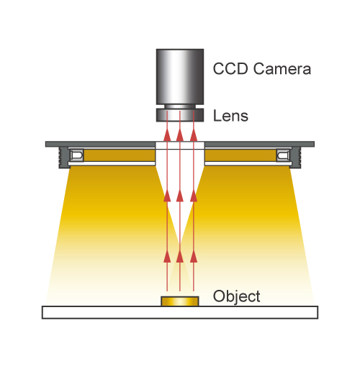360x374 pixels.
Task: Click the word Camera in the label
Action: point(282,69)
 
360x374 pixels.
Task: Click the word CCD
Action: point(230,69)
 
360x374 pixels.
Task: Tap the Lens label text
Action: point(230,116)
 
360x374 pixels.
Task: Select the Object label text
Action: point(236,297)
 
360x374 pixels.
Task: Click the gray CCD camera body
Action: point(180,77)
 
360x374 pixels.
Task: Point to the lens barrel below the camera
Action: point(180,115)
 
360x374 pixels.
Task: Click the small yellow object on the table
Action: point(180,301)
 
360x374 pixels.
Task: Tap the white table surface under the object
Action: point(180,312)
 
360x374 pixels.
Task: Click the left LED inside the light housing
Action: point(77,155)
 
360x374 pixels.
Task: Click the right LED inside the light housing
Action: point(283,155)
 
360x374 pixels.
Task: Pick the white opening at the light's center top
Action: point(180,145)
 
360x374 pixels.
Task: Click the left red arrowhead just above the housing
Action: point(167,134)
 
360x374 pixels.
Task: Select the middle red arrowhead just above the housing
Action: point(180,134)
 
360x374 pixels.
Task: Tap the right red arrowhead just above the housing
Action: point(194,134)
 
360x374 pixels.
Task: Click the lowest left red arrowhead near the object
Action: point(167,256)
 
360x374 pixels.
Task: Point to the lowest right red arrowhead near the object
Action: point(194,256)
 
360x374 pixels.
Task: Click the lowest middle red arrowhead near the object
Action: point(180,256)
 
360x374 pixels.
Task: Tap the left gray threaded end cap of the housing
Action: point(63,158)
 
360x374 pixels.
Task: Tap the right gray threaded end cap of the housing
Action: point(296,158)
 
